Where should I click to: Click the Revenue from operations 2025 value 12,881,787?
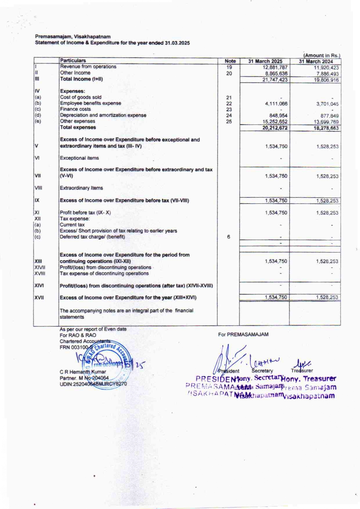pyautogui.click(x=275, y=67)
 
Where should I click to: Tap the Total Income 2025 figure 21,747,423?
pyautogui.click(x=275, y=80)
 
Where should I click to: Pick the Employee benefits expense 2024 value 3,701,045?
pyautogui.click(x=327, y=104)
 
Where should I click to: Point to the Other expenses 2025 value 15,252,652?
pyautogui.click(x=275, y=122)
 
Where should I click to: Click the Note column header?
pyautogui.click(x=230, y=61)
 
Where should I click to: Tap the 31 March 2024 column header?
pyautogui.click(x=316, y=61)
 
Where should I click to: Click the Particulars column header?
pyautogui.click(x=73, y=60)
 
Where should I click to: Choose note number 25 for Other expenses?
pyautogui.click(x=229, y=122)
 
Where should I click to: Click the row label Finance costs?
pyautogui.click(x=75, y=109)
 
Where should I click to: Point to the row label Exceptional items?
pyautogui.click(x=79, y=158)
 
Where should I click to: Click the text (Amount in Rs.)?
pyautogui.click(x=321, y=55)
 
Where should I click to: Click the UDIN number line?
pyautogui.click(x=93, y=384)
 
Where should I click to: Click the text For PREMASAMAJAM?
pyautogui.click(x=243, y=334)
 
